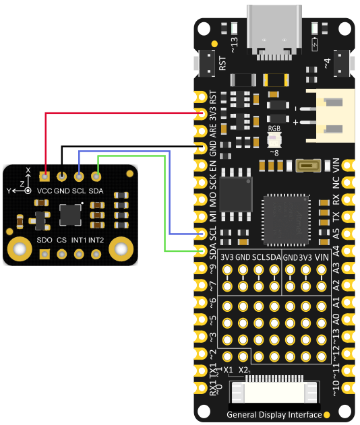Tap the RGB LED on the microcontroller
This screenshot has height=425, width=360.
[275, 140]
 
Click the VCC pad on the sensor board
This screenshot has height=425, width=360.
[44, 177]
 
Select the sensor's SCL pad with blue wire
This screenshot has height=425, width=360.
[79, 177]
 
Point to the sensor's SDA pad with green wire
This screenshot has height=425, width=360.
[96, 177]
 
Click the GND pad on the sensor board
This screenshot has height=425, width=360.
[61, 177]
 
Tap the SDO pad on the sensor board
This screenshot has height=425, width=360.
[44, 254]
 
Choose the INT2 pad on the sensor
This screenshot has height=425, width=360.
[96, 254]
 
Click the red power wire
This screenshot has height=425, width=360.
[121, 113]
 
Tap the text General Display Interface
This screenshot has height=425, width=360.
[274, 415]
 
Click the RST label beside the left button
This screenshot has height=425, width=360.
[222, 63]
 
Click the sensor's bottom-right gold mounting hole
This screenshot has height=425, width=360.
[121, 250]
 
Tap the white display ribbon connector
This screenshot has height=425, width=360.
[275, 392]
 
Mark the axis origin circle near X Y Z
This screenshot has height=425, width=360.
[28, 191]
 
